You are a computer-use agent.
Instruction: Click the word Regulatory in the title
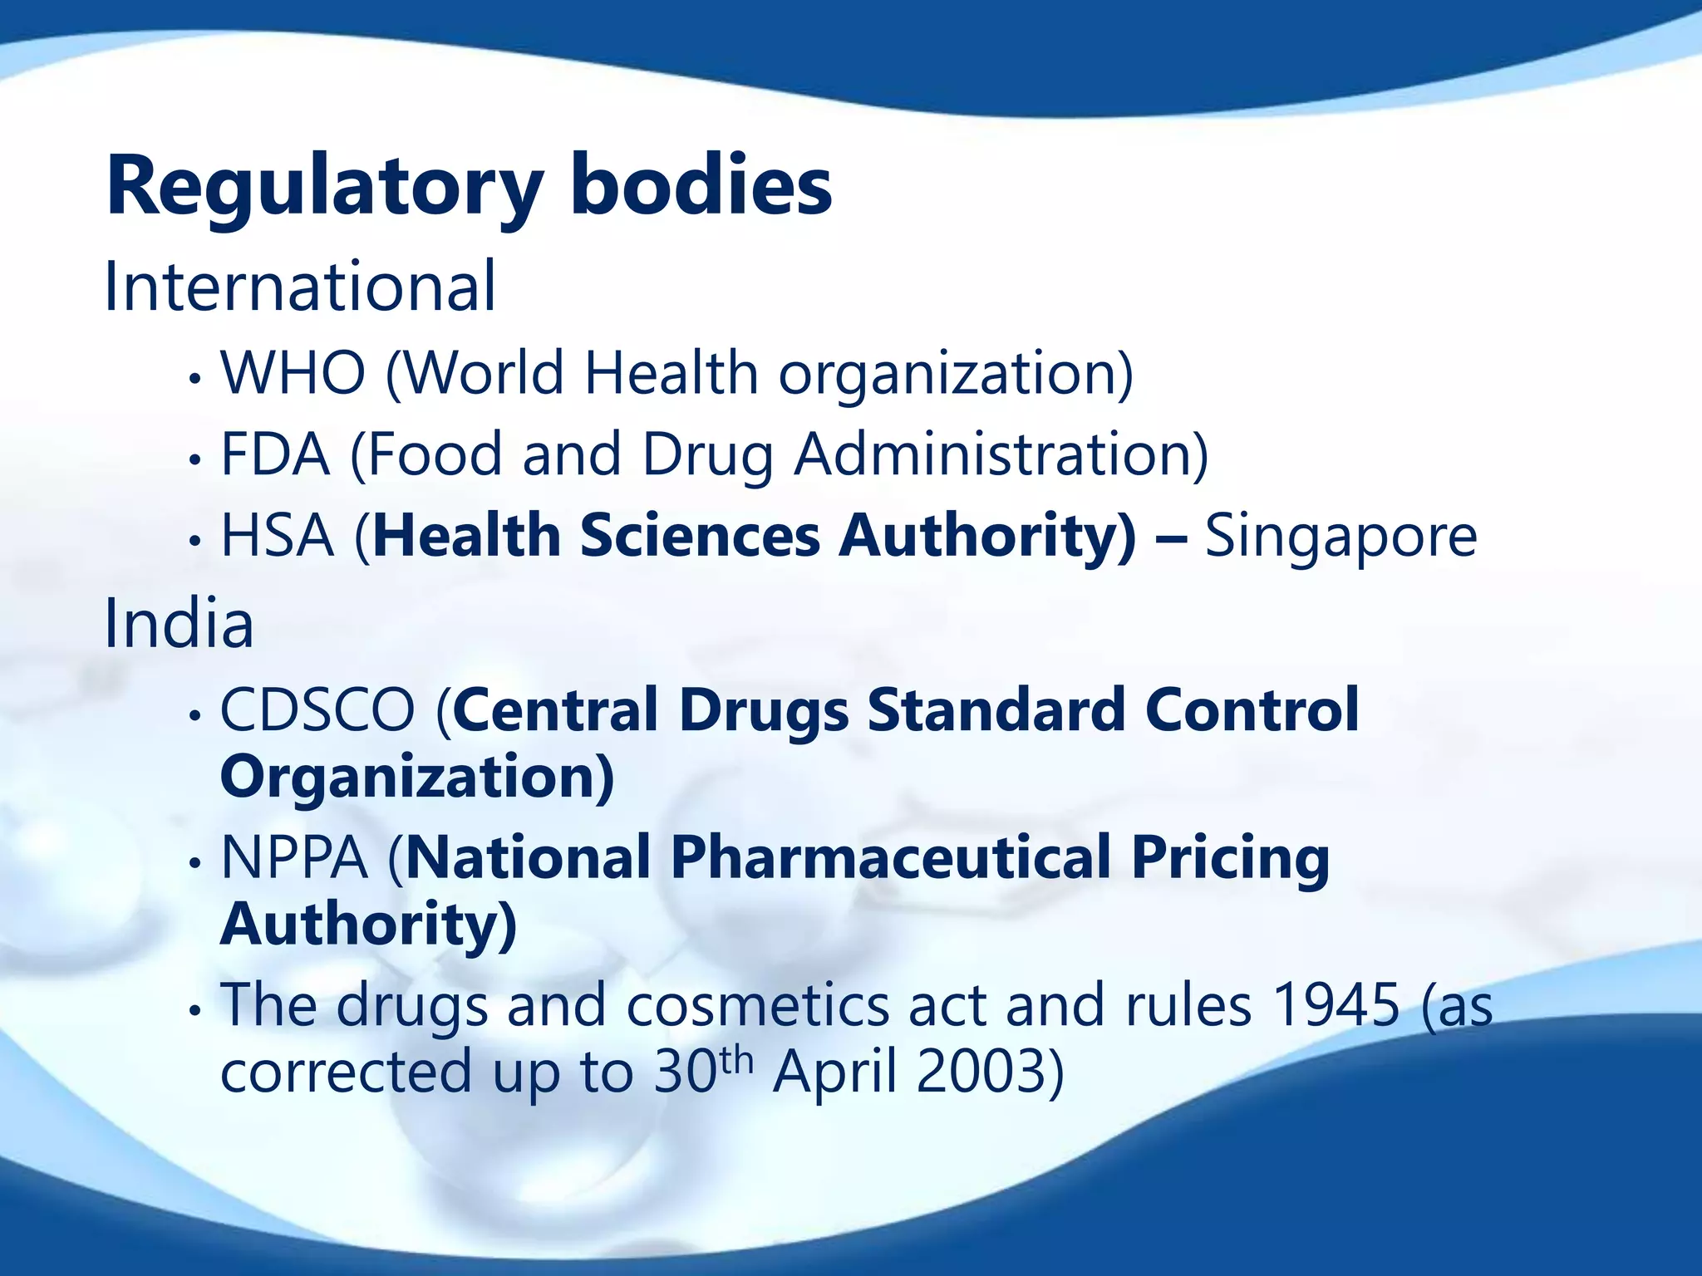[324, 186]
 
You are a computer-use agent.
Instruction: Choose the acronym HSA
[277, 535]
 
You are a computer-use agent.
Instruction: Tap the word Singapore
[1340, 537]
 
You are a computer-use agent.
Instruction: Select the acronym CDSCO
[317, 710]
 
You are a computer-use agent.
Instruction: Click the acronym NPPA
[294, 857]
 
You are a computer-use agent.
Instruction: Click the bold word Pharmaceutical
[890, 857]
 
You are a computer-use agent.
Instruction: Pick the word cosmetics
[757, 1005]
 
